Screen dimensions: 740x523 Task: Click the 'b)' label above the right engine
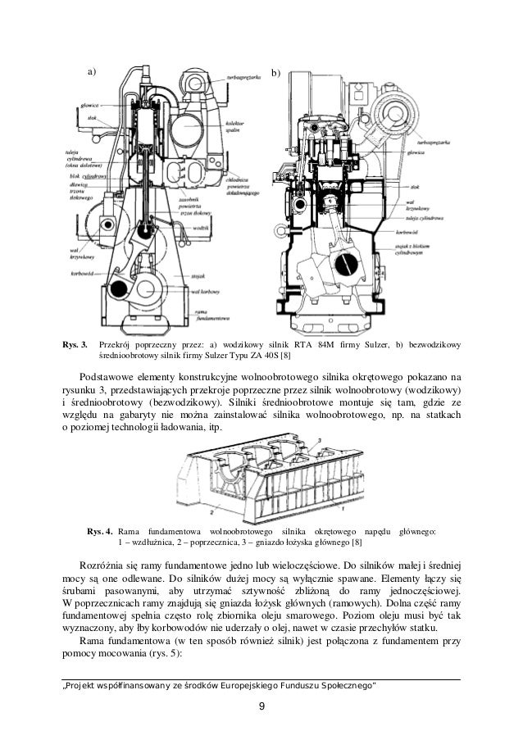275,73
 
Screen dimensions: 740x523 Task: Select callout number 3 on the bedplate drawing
319,440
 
